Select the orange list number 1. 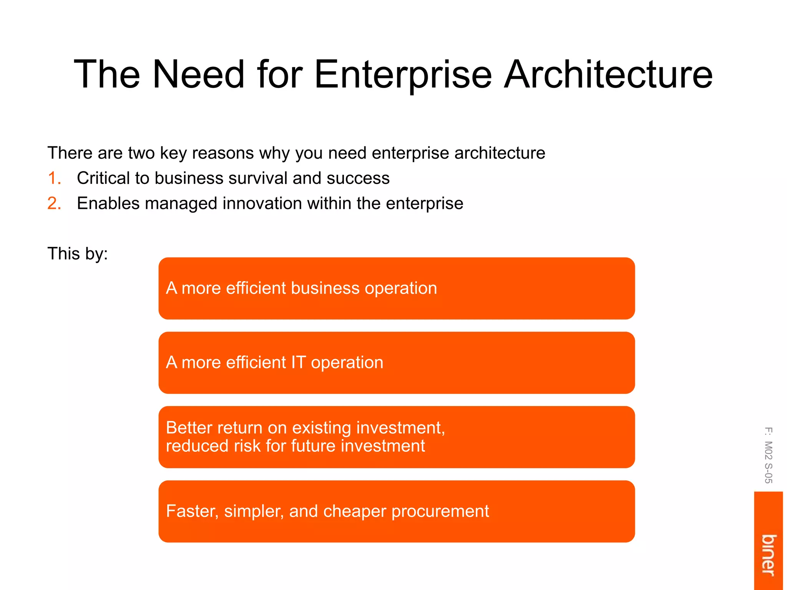click(54, 178)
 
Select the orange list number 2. click(54, 203)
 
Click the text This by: click(78, 254)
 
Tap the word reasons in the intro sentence click(223, 153)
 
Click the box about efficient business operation click(397, 288)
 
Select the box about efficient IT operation click(397, 363)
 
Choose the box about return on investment click(397, 437)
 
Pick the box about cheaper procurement click(397, 511)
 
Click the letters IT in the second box click(298, 363)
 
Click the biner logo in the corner click(769, 555)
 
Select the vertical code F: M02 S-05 click(768, 455)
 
